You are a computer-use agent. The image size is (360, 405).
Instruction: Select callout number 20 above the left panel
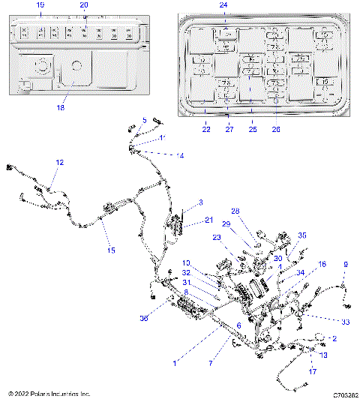click(84, 5)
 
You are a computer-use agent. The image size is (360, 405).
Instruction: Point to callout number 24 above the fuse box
click(223, 5)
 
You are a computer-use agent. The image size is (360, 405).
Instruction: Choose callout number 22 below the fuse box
click(205, 129)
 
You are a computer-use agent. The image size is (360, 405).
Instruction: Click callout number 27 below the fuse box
click(229, 129)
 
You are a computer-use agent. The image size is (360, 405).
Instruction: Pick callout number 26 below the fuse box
click(275, 129)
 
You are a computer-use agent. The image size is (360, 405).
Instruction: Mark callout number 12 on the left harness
click(60, 162)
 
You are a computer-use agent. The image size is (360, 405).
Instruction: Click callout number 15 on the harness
click(111, 250)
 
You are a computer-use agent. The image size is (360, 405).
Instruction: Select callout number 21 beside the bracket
click(209, 220)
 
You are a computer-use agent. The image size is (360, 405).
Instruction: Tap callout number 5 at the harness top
click(145, 120)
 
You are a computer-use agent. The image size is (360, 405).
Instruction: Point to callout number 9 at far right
click(346, 265)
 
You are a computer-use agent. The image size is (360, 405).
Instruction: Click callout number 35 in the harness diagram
click(302, 235)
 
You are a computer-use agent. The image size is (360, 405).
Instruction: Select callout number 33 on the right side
click(325, 322)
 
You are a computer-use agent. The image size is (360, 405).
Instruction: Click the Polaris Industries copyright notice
click(49, 394)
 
